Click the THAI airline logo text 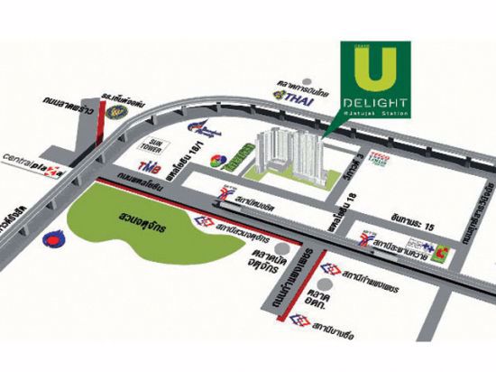pyautogui.click(x=297, y=96)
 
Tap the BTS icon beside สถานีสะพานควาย pyautogui.click(x=367, y=241)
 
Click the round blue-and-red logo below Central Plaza pyautogui.click(x=51, y=241)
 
